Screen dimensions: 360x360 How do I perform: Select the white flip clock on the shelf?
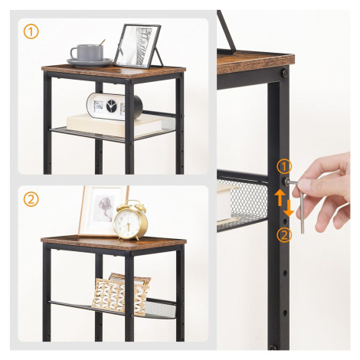[114, 106]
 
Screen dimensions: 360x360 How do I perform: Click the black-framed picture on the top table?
[138, 46]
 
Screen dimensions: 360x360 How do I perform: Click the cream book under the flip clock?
[114, 125]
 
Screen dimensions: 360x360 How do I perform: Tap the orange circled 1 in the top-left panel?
[31, 32]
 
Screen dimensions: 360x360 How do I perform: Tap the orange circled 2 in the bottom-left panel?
[31, 199]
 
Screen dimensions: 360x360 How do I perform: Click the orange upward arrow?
[280, 198]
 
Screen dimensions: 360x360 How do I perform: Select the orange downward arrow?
[290, 208]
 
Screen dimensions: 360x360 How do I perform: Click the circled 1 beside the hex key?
[284, 166]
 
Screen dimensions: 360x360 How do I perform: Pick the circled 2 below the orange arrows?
[284, 235]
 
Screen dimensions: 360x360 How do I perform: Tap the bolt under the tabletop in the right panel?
[285, 73]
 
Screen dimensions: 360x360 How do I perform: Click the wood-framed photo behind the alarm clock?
[102, 211]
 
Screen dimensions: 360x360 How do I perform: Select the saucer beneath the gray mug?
[90, 62]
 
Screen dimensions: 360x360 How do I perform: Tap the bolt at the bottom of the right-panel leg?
[273, 347]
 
